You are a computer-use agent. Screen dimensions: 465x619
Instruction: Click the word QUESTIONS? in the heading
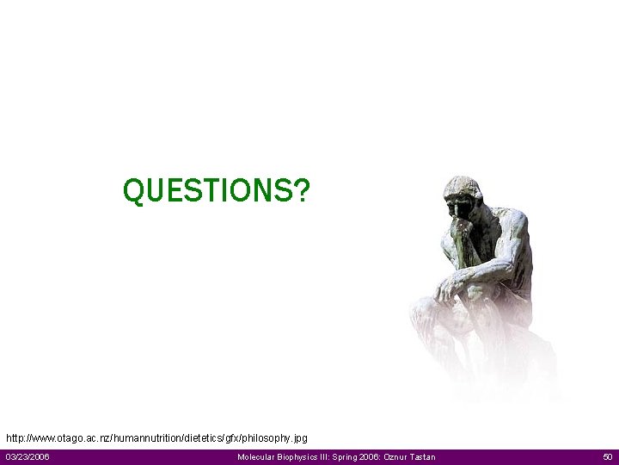point(216,190)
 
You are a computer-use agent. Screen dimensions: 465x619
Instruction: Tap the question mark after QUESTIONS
point(301,190)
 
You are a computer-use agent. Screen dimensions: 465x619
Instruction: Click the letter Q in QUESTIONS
point(134,191)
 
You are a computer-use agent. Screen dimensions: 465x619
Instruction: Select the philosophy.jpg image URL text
point(156,438)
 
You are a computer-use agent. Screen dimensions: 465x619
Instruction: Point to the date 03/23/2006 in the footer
point(28,456)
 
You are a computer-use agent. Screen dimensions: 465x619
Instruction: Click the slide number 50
point(608,456)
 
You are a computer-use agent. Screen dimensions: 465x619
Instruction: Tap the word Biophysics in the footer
point(299,456)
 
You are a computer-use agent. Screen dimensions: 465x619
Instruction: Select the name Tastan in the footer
point(420,456)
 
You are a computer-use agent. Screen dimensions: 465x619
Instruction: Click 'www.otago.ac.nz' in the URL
point(68,438)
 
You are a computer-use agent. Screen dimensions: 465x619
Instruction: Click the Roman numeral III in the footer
point(327,456)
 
